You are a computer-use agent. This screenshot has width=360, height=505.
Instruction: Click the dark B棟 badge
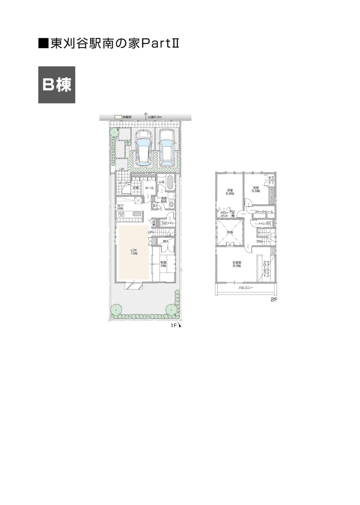coord(57,85)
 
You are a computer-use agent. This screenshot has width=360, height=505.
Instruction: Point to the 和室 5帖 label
coord(163,264)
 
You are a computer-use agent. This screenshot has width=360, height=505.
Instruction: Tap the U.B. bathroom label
coord(162,182)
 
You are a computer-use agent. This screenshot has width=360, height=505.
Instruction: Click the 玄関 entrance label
coord(135,188)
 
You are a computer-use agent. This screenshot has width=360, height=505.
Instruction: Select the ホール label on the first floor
coord(149,188)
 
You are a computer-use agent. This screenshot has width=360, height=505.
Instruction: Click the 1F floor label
coord(174,326)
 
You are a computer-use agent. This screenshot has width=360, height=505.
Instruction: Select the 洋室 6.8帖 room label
coord(230,192)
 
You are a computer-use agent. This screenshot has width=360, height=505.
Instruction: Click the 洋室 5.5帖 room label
coord(256,189)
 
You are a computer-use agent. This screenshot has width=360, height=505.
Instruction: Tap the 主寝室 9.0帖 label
coord(237,264)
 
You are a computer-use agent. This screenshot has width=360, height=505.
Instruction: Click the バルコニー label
coord(246,288)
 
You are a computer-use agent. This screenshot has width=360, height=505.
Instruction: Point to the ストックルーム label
coord(264,212)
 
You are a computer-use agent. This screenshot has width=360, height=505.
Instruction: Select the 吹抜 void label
coord(230,232)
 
